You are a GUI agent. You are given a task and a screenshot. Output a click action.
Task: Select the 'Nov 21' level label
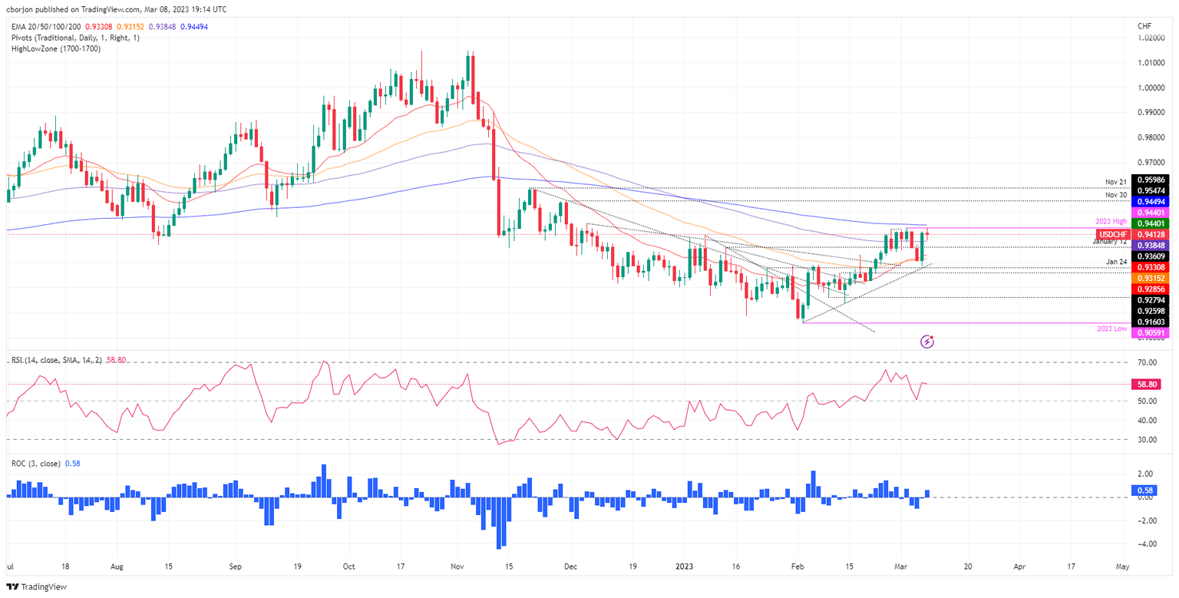point(1116,182)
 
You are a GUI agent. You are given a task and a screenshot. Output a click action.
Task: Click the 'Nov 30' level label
point(1116,195)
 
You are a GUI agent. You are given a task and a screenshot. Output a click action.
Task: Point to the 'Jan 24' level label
point(1116,263)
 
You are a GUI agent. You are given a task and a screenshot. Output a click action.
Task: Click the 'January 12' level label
point(1110,241)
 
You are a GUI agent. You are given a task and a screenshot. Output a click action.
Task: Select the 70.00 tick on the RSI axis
point(1148,362)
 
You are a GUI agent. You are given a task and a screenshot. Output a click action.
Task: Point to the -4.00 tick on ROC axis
point(1147,544)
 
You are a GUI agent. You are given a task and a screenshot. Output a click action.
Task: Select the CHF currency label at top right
point(1145,26)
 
